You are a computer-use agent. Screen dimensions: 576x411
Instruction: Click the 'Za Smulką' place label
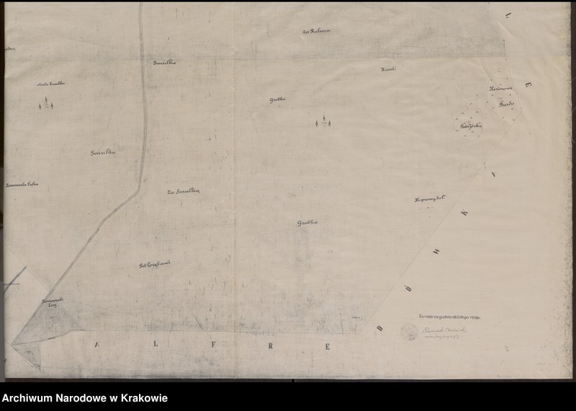coord(183,191)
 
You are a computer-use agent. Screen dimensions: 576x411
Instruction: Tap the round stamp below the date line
coord(409,332)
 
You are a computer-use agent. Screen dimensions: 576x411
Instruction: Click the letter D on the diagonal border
coord(379,328)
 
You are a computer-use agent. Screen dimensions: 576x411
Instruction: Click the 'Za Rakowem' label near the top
coord(315,32)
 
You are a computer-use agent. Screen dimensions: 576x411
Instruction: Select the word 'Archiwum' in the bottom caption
coord(30,398)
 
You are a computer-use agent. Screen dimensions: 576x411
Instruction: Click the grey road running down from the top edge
coord(144,108)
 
